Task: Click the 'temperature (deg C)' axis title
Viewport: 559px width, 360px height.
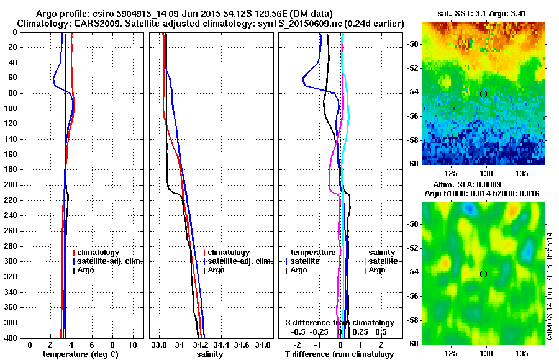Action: pos(80,354)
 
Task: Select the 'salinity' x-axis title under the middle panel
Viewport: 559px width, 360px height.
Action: pos(209,354)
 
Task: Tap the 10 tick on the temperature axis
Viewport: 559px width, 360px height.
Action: pos(132,344)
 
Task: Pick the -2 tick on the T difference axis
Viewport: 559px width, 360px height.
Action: pos(298,344)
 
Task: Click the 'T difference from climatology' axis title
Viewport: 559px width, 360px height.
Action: pos(339,354)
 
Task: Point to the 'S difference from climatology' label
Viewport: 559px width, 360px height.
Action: pos(339,323)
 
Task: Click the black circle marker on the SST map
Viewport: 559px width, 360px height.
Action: pos(483,94)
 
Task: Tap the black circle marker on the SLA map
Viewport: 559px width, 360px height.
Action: pos(483,274)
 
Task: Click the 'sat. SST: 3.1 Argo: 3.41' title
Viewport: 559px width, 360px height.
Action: pos(484,13)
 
